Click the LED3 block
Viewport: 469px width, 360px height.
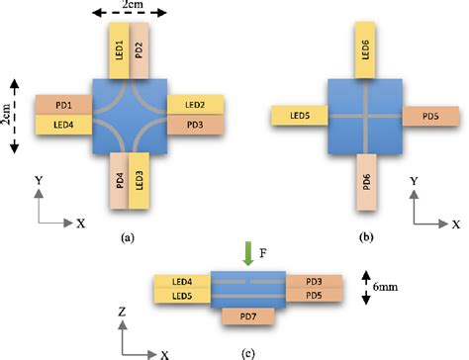pyautogui.click(x=140, y=181)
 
